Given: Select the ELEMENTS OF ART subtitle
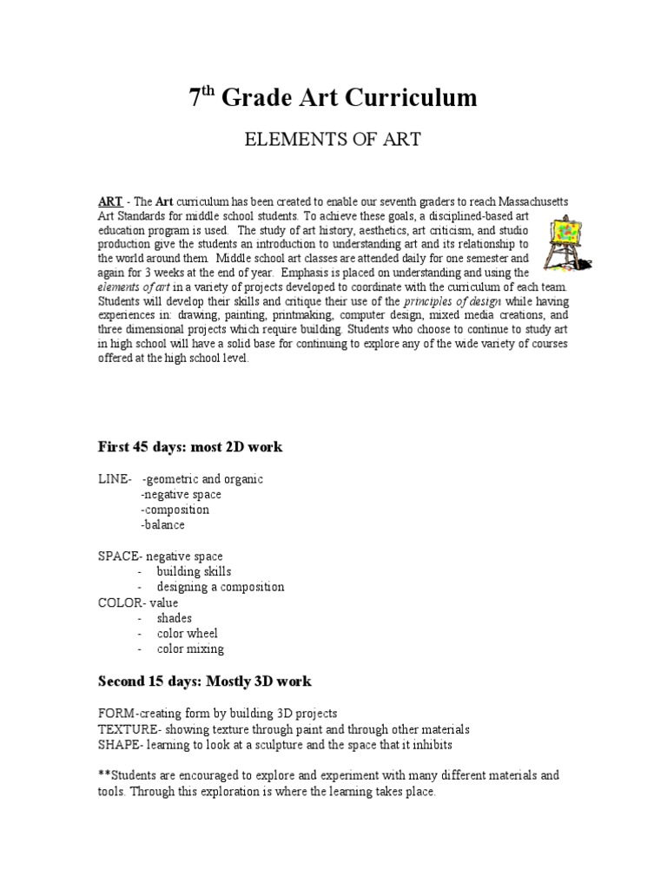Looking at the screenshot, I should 334,141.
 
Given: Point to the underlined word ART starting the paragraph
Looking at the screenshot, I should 109,201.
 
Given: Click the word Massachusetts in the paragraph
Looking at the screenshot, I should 525,201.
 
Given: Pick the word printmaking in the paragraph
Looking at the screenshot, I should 283,316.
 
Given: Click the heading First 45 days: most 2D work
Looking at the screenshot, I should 190,447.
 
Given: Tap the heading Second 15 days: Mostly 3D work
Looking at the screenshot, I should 205,680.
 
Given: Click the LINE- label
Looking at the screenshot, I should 115,479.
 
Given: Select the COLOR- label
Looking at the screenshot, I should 122,603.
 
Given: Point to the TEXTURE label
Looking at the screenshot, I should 129,729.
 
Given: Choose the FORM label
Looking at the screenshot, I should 116,714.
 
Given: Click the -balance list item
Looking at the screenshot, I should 162,525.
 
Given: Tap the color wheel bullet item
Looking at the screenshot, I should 187,634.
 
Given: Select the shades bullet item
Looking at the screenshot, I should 174,618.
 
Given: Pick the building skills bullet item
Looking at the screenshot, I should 194,571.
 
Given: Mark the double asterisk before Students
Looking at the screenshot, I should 104,774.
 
